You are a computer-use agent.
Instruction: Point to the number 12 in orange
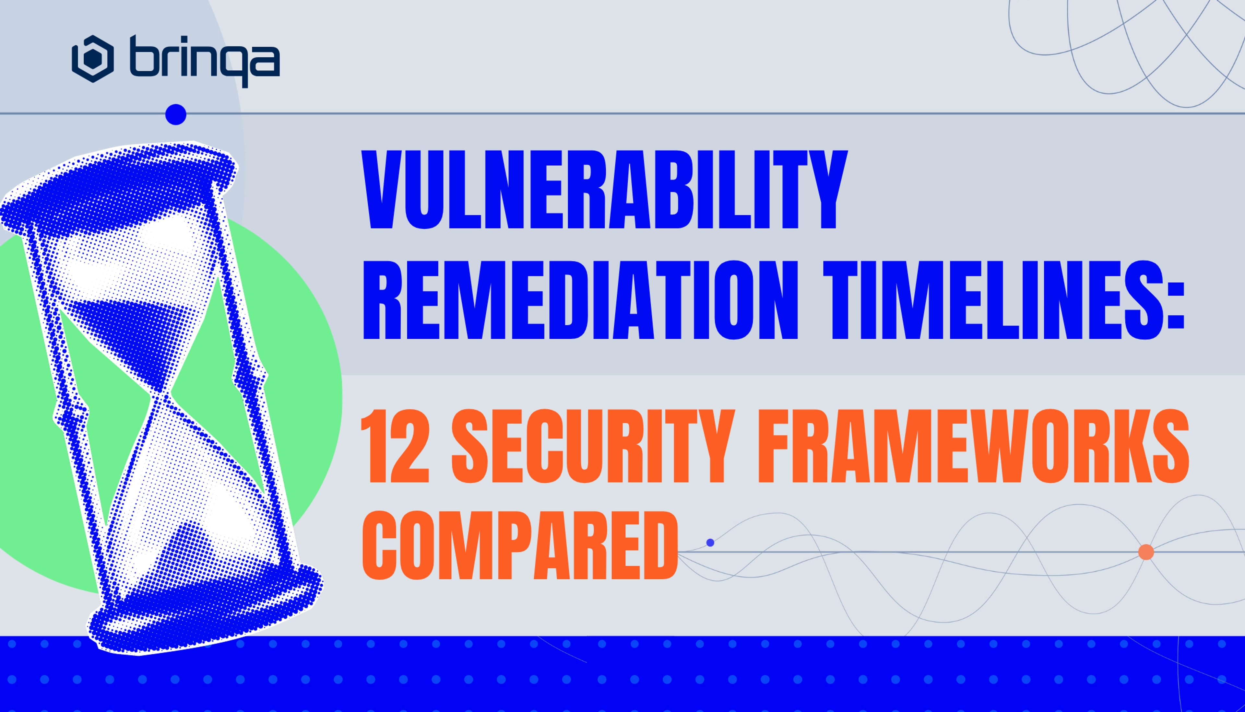(x=395, y=446)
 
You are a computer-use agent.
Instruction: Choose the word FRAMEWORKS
(x=973, y=446)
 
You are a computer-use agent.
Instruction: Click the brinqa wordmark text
(x=205, y=61)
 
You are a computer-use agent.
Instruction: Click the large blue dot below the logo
(x=176, y=114)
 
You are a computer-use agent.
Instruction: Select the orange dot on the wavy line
(x=1146, y=552)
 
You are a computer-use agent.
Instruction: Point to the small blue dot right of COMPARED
(x=710, y=542)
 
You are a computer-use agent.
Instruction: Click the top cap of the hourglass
(x=117, y=186)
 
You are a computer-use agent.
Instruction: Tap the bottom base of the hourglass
(x=206, y=611)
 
